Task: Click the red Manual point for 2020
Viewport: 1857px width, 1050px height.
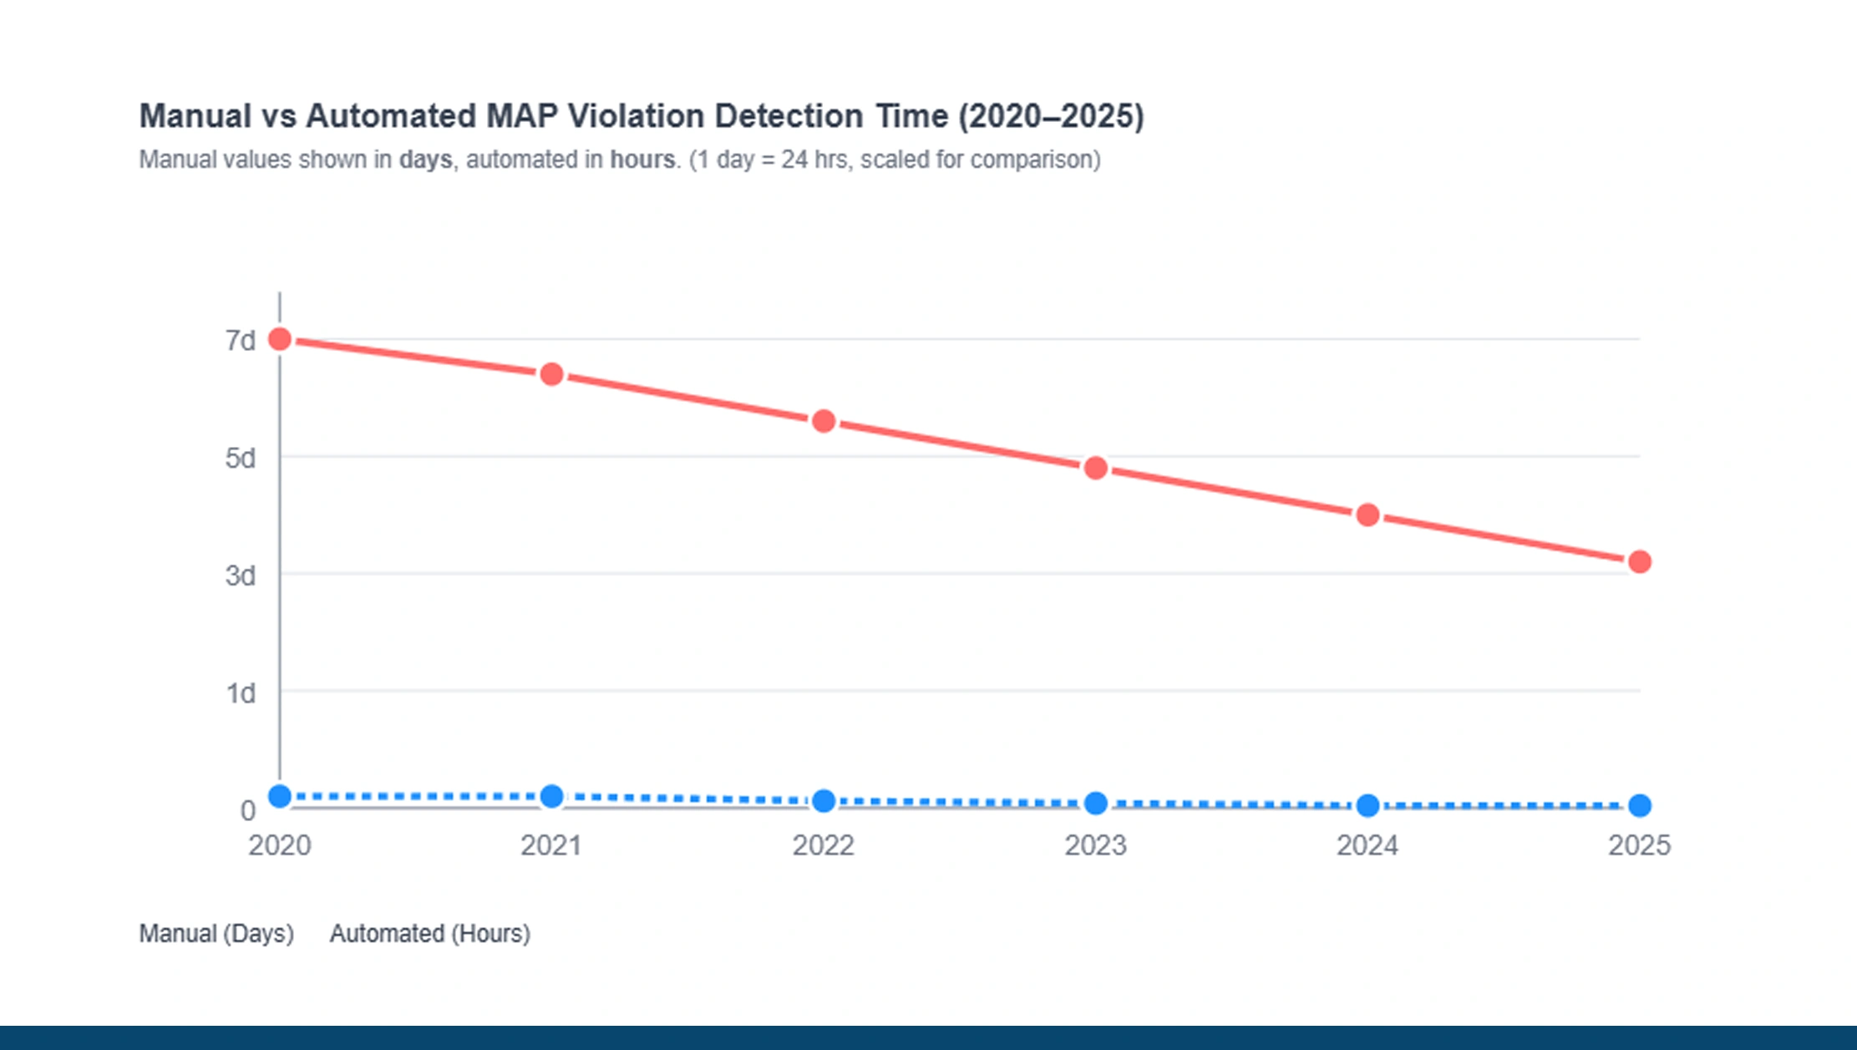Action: pyautogui.click(x=280, y=339)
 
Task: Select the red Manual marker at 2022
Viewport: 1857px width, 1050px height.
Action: pyautogui.click(x=824, y=421)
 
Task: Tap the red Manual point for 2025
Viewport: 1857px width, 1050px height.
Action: pyautogui.click(x=1639, y=562)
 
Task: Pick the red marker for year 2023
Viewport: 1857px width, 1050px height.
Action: pyautogui.click(x=1096, y=469)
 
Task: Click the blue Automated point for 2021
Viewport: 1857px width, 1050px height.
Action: pyautogui.click(x=551, y=797)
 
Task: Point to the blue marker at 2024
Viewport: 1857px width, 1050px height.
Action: pyautogui.click(x=1367, y=805)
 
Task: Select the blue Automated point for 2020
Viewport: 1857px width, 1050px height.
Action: pyautogui.click(x=280, y=797)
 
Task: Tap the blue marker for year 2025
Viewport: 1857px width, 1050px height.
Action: pyautogui.click(x=1639, y=805)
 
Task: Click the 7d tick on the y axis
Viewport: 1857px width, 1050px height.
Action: pyautogui.click(x=240, y=341)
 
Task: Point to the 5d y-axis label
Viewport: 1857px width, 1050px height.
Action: pyautogui.click(x=240, y=459)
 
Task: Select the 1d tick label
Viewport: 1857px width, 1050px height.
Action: pyautogui.click(x=241, y=693)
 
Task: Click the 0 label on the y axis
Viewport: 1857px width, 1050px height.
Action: pyautogui.click(x=247, y=810)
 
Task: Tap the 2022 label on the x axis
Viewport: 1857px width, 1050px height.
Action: pyautogui.click(x=823, y=845)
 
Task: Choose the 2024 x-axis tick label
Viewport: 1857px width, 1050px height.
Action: pyautogui.click(x=1367, y=845)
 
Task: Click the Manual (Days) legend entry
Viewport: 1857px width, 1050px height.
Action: pyautogui.click(x=216, y=933)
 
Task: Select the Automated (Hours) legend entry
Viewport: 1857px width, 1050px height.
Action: pyautogui.click(x=429, y=933)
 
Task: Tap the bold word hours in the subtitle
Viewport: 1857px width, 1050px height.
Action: pyautogui.click(x=642, y=160)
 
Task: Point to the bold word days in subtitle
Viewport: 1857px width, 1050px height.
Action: pyautogui.click(x=425, y=160)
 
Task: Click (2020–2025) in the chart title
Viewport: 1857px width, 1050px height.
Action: pyautogui.click(x=1051, y=116)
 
